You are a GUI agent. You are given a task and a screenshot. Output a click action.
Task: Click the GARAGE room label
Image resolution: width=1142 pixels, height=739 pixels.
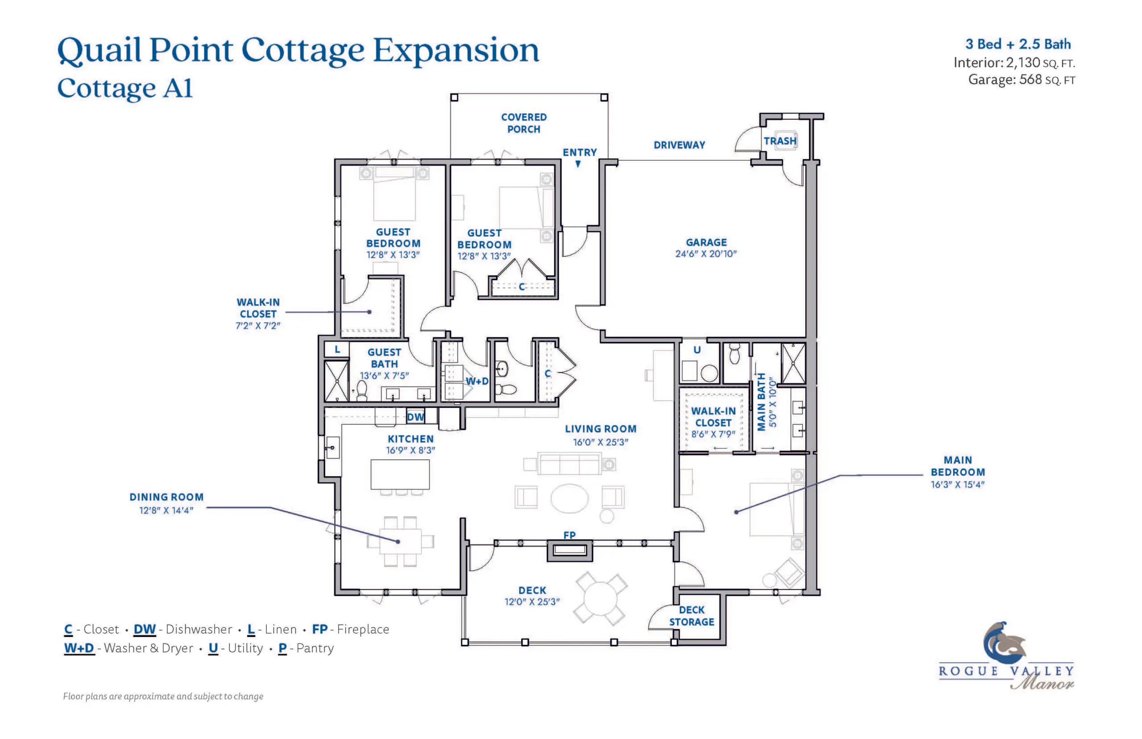706,243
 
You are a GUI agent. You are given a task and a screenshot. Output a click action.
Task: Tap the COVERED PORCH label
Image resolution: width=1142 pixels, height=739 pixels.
523,123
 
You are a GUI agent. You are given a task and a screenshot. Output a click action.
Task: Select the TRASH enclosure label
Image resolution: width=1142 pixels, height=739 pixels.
779,141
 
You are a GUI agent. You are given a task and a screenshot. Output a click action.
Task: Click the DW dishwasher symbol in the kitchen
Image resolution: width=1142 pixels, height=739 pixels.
415,416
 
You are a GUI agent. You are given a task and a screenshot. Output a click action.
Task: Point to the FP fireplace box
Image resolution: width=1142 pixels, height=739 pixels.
569,550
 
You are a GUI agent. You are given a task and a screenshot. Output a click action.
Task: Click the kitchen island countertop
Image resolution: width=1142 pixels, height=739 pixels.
400,474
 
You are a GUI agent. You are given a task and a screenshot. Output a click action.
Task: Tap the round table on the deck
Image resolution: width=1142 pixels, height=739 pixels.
600,598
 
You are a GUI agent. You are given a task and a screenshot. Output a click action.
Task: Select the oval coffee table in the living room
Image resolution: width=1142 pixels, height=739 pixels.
569,498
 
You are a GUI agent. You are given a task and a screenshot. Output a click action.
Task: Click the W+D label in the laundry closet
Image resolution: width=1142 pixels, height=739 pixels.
477,381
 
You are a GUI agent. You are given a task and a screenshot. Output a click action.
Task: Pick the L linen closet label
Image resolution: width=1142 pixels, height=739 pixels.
337,349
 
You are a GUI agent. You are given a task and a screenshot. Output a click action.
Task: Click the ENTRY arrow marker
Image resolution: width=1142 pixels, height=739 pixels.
578,164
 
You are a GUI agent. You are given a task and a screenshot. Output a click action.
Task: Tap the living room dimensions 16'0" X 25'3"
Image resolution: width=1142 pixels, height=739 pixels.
600,442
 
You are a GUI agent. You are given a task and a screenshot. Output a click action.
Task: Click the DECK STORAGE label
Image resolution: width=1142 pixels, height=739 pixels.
691,616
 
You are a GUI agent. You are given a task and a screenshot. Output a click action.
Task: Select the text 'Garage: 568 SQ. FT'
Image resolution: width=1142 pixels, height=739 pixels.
1021,80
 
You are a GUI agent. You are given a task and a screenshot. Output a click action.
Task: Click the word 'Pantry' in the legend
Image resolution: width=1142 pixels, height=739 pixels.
314,648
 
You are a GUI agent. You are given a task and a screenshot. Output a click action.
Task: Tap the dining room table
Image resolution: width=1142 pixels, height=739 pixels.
400,541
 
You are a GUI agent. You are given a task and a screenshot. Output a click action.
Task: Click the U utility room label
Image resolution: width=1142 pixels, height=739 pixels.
697,350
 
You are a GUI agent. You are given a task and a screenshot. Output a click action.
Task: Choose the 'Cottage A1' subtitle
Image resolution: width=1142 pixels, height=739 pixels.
125,88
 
